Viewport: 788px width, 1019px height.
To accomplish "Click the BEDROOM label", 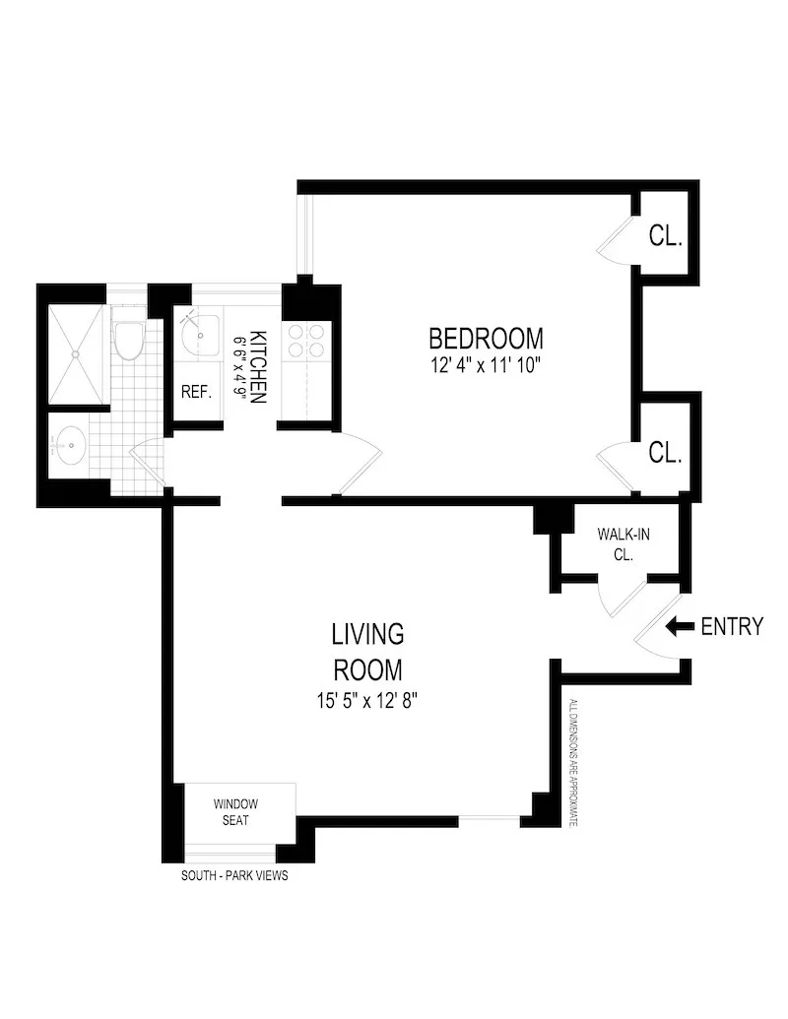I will [486, 339].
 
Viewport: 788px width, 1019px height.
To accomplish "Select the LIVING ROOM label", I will [367, 651].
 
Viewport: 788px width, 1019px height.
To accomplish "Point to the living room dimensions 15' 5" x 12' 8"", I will [367, 702].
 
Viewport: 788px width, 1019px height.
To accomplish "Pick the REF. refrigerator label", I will [196, 392].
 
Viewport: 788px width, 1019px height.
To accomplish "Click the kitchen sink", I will [200, 335].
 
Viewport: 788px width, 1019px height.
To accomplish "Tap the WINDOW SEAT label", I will [237, 812].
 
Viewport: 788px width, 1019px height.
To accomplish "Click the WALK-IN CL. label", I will [623, 544].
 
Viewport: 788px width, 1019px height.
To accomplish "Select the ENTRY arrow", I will [680, 626].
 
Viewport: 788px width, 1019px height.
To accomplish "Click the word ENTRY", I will [732, 626].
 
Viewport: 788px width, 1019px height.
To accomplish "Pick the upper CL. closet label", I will [666, 236].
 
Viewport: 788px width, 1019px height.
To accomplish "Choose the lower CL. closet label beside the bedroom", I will [666, 453].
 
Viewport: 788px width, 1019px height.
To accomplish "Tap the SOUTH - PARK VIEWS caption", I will [235, 875].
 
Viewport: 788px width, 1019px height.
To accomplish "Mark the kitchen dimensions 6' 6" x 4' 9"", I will [238, 367].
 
